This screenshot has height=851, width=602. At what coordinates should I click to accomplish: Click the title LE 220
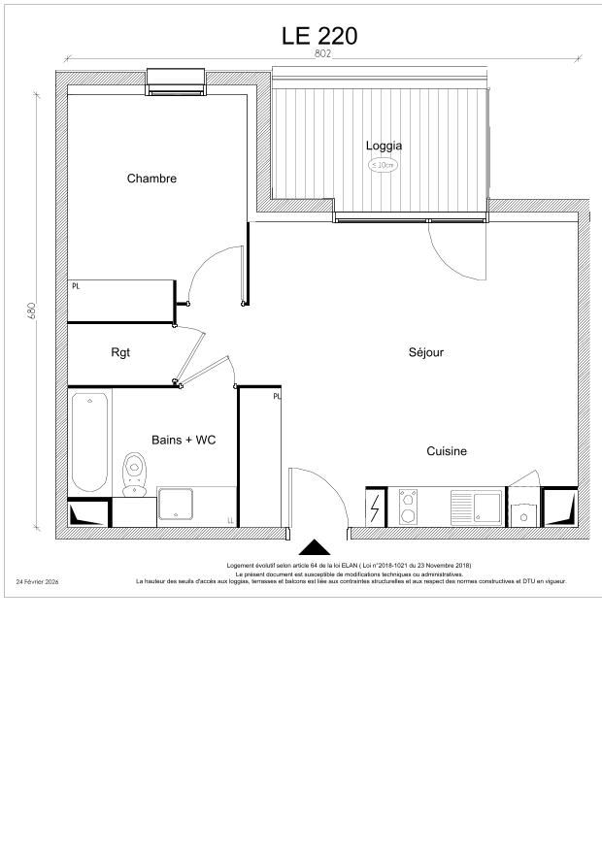click(x=319, y=36)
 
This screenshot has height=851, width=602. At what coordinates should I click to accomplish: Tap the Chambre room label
click(x=151, y=179)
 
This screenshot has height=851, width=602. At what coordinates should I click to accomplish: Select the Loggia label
click(x=384, y=146)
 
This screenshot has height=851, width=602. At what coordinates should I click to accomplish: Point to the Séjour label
click(x=425, y=352)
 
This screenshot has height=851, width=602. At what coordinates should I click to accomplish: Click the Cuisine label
click(x=447, y=451)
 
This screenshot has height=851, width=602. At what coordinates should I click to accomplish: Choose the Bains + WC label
click(x=184, y=440)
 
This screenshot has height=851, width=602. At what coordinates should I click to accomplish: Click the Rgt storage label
click(x=120, y=352)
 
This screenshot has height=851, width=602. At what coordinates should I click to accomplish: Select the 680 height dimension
click(x=32, y=311)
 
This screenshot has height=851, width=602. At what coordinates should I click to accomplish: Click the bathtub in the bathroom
click(x=90, y=442)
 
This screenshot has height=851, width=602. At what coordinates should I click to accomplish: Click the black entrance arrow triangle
click(x=314, y=549)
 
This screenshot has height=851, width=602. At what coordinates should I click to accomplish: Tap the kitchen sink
click(x=476, y=507)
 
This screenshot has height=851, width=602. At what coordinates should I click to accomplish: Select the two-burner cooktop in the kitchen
click(x=408, y=507)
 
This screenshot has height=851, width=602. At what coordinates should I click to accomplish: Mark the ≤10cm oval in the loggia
click(x=384, y=165)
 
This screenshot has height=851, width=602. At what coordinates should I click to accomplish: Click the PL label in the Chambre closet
click(x=75, y=286)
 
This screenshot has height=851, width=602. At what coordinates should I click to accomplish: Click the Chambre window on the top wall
click(x=176, y=82)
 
